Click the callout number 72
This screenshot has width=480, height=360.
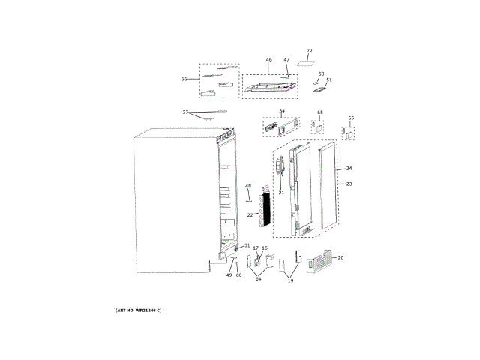point(309,51)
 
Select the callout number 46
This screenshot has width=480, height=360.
point(268,59)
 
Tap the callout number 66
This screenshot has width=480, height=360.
point(184,79)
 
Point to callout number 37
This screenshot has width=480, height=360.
point(186,112)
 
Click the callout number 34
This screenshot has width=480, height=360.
point(281,112)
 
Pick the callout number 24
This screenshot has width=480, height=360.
point(349,168)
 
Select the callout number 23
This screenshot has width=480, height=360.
point(349,184)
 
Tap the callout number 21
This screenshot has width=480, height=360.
point(281,193)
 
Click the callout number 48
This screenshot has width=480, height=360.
point(248,186)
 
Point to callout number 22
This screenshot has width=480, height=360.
point(250,214)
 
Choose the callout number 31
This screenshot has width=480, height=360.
point(247,246)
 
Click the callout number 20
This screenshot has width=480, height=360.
point(340,257)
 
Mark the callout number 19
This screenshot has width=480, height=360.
point(292,280)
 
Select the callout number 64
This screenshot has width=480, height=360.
point(258,279)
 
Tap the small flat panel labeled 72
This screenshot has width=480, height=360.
point(306,63)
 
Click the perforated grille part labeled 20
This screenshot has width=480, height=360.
point(318,264)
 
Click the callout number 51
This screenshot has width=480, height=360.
point(328,79)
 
